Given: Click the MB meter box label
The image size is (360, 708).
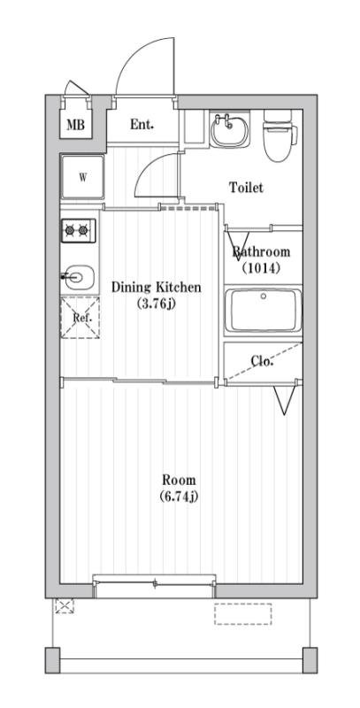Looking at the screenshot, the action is pyautogui.click(x=76, y=125).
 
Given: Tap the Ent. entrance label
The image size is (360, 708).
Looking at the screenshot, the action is pyautogui.click(x=142, y=124).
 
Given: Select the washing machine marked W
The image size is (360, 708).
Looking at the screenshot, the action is pyautogui.click(x=82, y=177).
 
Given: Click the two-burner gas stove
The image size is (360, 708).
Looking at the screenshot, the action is pyautogui.click(x=78, y=231).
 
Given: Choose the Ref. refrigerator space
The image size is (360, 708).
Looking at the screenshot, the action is pyautogui.click(x=80, y=318).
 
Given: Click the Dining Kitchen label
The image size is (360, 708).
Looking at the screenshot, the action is pyautogui.click(x=156, y=287).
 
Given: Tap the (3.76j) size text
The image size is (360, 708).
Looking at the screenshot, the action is pyautogui.click(x=156, y=304).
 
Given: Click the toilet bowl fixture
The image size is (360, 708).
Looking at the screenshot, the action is pyautogui.click(x=280, y=135).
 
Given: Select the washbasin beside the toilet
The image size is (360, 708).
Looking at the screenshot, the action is pyautogui.click(x=230, y=129).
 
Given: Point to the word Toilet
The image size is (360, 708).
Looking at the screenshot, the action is pyautogui.click(x=246, y=188).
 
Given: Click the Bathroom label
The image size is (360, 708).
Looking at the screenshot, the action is pyautogui.click(x=261, y=252).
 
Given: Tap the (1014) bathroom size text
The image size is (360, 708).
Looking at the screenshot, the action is pyautogui.click(x=261, y=268).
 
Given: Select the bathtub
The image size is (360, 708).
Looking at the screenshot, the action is pyautogui.click(x=263, y=311).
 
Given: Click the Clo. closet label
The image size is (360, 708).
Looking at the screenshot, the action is pyautogui.click(x=263, y=361).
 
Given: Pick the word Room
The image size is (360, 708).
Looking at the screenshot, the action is pyautogui.click(x=179, y=479).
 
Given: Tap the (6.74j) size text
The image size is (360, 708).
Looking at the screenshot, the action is pyautogui.click(x=179, y=496).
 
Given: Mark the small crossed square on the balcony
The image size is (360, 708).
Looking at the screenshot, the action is pyautogui.click(x=64, y=605).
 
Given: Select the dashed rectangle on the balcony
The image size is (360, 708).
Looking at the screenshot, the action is pyautogui.click(x=242, y=614).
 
